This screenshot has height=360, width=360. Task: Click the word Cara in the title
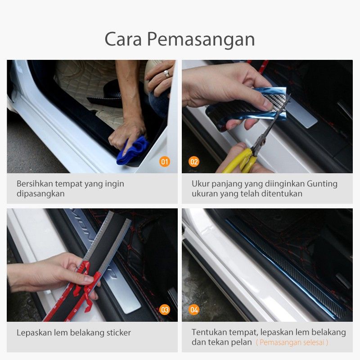pos(122,40)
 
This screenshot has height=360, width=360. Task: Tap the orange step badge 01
pos(165,162)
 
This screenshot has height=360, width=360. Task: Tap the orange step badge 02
pos(194,162)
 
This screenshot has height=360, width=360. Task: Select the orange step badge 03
pos(165,310)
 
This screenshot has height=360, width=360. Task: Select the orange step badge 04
pos(194,310)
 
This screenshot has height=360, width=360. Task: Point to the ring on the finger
pos(167,73)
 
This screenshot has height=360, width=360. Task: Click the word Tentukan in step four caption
pos(210,332)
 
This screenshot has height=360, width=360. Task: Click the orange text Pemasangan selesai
pos(292,342)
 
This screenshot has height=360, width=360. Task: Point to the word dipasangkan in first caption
pos(40,194)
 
